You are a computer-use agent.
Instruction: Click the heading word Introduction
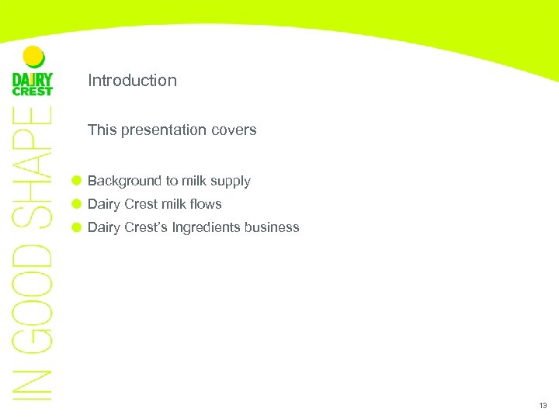(132, 81)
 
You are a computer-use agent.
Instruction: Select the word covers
(235, 130)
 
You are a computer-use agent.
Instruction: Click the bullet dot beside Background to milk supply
(76, 181)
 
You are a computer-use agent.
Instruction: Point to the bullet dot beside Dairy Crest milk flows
(76, 204)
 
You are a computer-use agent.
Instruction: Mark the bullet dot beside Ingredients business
(76, 227)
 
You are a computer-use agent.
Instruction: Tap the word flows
(206, 205)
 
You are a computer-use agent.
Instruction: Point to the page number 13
(542, 406)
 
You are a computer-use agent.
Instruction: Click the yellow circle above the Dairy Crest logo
(33, 57)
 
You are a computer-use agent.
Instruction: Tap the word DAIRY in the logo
(33, 78)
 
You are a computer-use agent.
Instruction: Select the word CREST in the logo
(33, 92)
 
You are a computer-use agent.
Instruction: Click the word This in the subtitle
(101, 130)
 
